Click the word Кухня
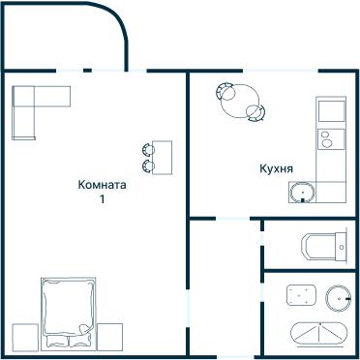276,168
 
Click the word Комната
102,185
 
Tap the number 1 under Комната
102,198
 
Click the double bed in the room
69,314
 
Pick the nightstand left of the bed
25,337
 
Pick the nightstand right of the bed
109,337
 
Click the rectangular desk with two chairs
162,158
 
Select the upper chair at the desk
148,150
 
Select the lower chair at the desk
148,166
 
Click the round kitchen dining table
240,101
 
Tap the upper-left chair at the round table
225,91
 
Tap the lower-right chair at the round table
256,113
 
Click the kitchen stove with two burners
331,139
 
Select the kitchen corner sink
302,193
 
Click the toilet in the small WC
323,247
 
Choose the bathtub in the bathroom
319,333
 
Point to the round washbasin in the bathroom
338,298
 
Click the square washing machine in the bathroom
301,295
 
